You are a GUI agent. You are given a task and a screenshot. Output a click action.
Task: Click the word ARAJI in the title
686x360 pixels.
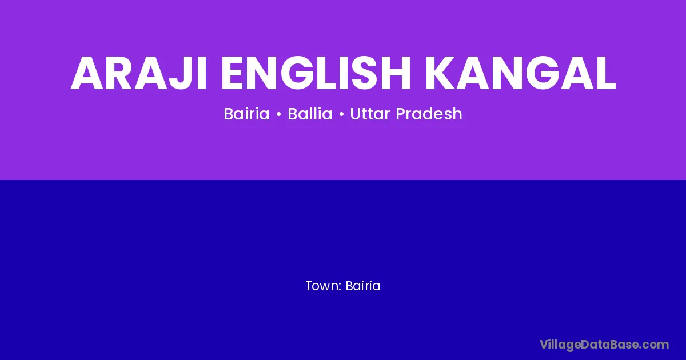coord(139,73)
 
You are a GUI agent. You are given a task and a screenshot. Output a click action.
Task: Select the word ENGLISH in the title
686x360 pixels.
coord(316,73)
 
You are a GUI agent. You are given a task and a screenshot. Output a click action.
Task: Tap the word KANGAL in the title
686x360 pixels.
coord(520,73)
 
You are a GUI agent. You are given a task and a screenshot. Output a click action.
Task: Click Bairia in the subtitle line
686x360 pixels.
coord(246,114)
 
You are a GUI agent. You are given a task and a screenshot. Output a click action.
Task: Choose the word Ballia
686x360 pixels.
coord(310,114)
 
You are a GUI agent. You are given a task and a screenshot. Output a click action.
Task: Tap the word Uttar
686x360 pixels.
coord(370,114)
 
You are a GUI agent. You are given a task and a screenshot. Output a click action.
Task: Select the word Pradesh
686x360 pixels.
coord(429,114)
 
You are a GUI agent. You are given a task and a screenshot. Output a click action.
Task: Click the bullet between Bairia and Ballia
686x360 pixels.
coord(279,114)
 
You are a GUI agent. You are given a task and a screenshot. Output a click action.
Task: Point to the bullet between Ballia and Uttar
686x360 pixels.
coord(341,114)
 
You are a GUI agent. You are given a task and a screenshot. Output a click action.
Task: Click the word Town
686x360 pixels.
coord(322,286)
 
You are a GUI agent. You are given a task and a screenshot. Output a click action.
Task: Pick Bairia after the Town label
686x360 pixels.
coord(362,286)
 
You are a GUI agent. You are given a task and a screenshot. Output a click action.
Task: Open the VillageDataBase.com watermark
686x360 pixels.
coord(604,345)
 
